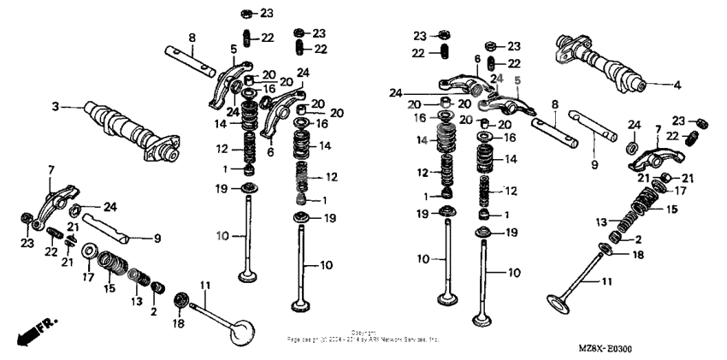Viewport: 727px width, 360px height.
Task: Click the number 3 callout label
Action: point(56,107)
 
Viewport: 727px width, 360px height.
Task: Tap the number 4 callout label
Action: point(676,85)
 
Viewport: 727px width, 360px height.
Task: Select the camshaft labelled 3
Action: point(128,132)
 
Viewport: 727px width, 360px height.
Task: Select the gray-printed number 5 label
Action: point(517,80)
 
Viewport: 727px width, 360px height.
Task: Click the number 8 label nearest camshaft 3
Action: point(192,37)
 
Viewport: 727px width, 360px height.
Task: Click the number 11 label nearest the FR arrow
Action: point(204,285)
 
